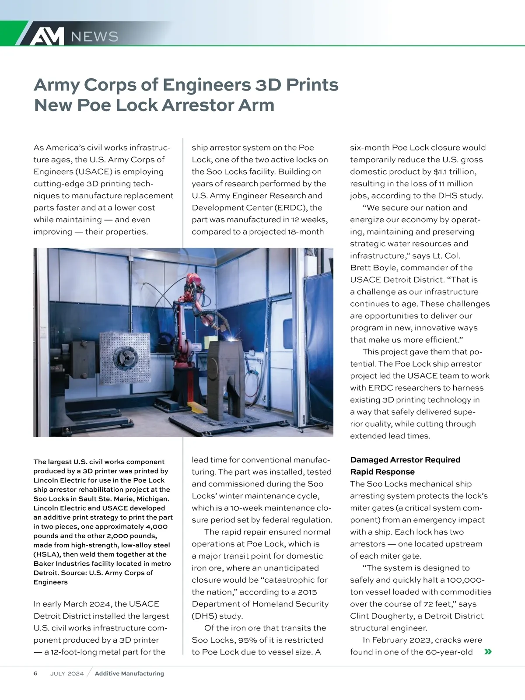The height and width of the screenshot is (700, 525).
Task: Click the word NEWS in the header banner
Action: point(94,37)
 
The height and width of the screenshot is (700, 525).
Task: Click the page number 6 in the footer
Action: point(35,673)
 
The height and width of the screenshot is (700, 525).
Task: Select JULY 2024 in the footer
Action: point(67,674)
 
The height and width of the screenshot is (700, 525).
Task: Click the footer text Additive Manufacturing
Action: point(129,674)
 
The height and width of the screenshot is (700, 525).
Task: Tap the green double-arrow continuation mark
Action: point(488,652)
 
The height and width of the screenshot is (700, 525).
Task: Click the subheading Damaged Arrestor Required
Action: point(405,460)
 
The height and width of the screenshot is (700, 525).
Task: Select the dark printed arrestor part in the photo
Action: point(227,381)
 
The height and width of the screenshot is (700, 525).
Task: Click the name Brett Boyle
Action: point(374,268)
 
